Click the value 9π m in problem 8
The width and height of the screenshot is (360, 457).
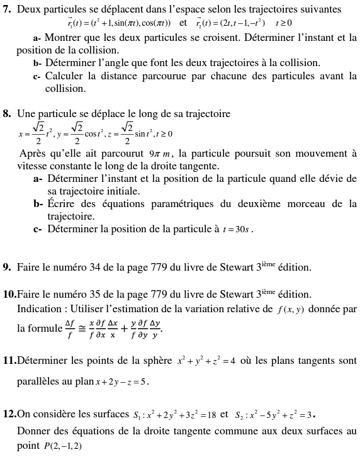(161, 153)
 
